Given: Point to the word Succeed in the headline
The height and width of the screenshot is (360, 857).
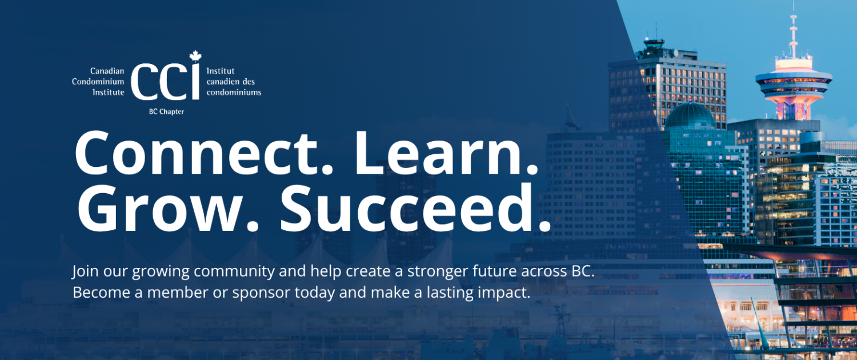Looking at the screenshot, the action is click(x=415, y=209).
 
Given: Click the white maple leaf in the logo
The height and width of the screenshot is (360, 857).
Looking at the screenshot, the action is click(x=195, y=56).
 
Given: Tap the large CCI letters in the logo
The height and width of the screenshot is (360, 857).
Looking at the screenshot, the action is click(x=165, y=82).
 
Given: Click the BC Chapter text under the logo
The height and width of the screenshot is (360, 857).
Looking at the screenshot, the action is click(x=166, y=111).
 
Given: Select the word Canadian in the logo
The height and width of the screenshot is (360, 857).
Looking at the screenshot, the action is click(x=107, y=71).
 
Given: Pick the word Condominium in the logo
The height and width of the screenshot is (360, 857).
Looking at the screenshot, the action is click(x=98, y=82).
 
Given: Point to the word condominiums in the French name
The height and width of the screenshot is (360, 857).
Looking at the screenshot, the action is click(x=234, y=92).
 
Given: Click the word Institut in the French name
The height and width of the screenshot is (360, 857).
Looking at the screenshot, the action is click(x=221, y=71).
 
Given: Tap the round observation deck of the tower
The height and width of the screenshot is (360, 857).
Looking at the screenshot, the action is click(x=794, y=82).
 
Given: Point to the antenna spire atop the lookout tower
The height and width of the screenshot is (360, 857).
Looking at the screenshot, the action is click(x=794, y=31).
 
